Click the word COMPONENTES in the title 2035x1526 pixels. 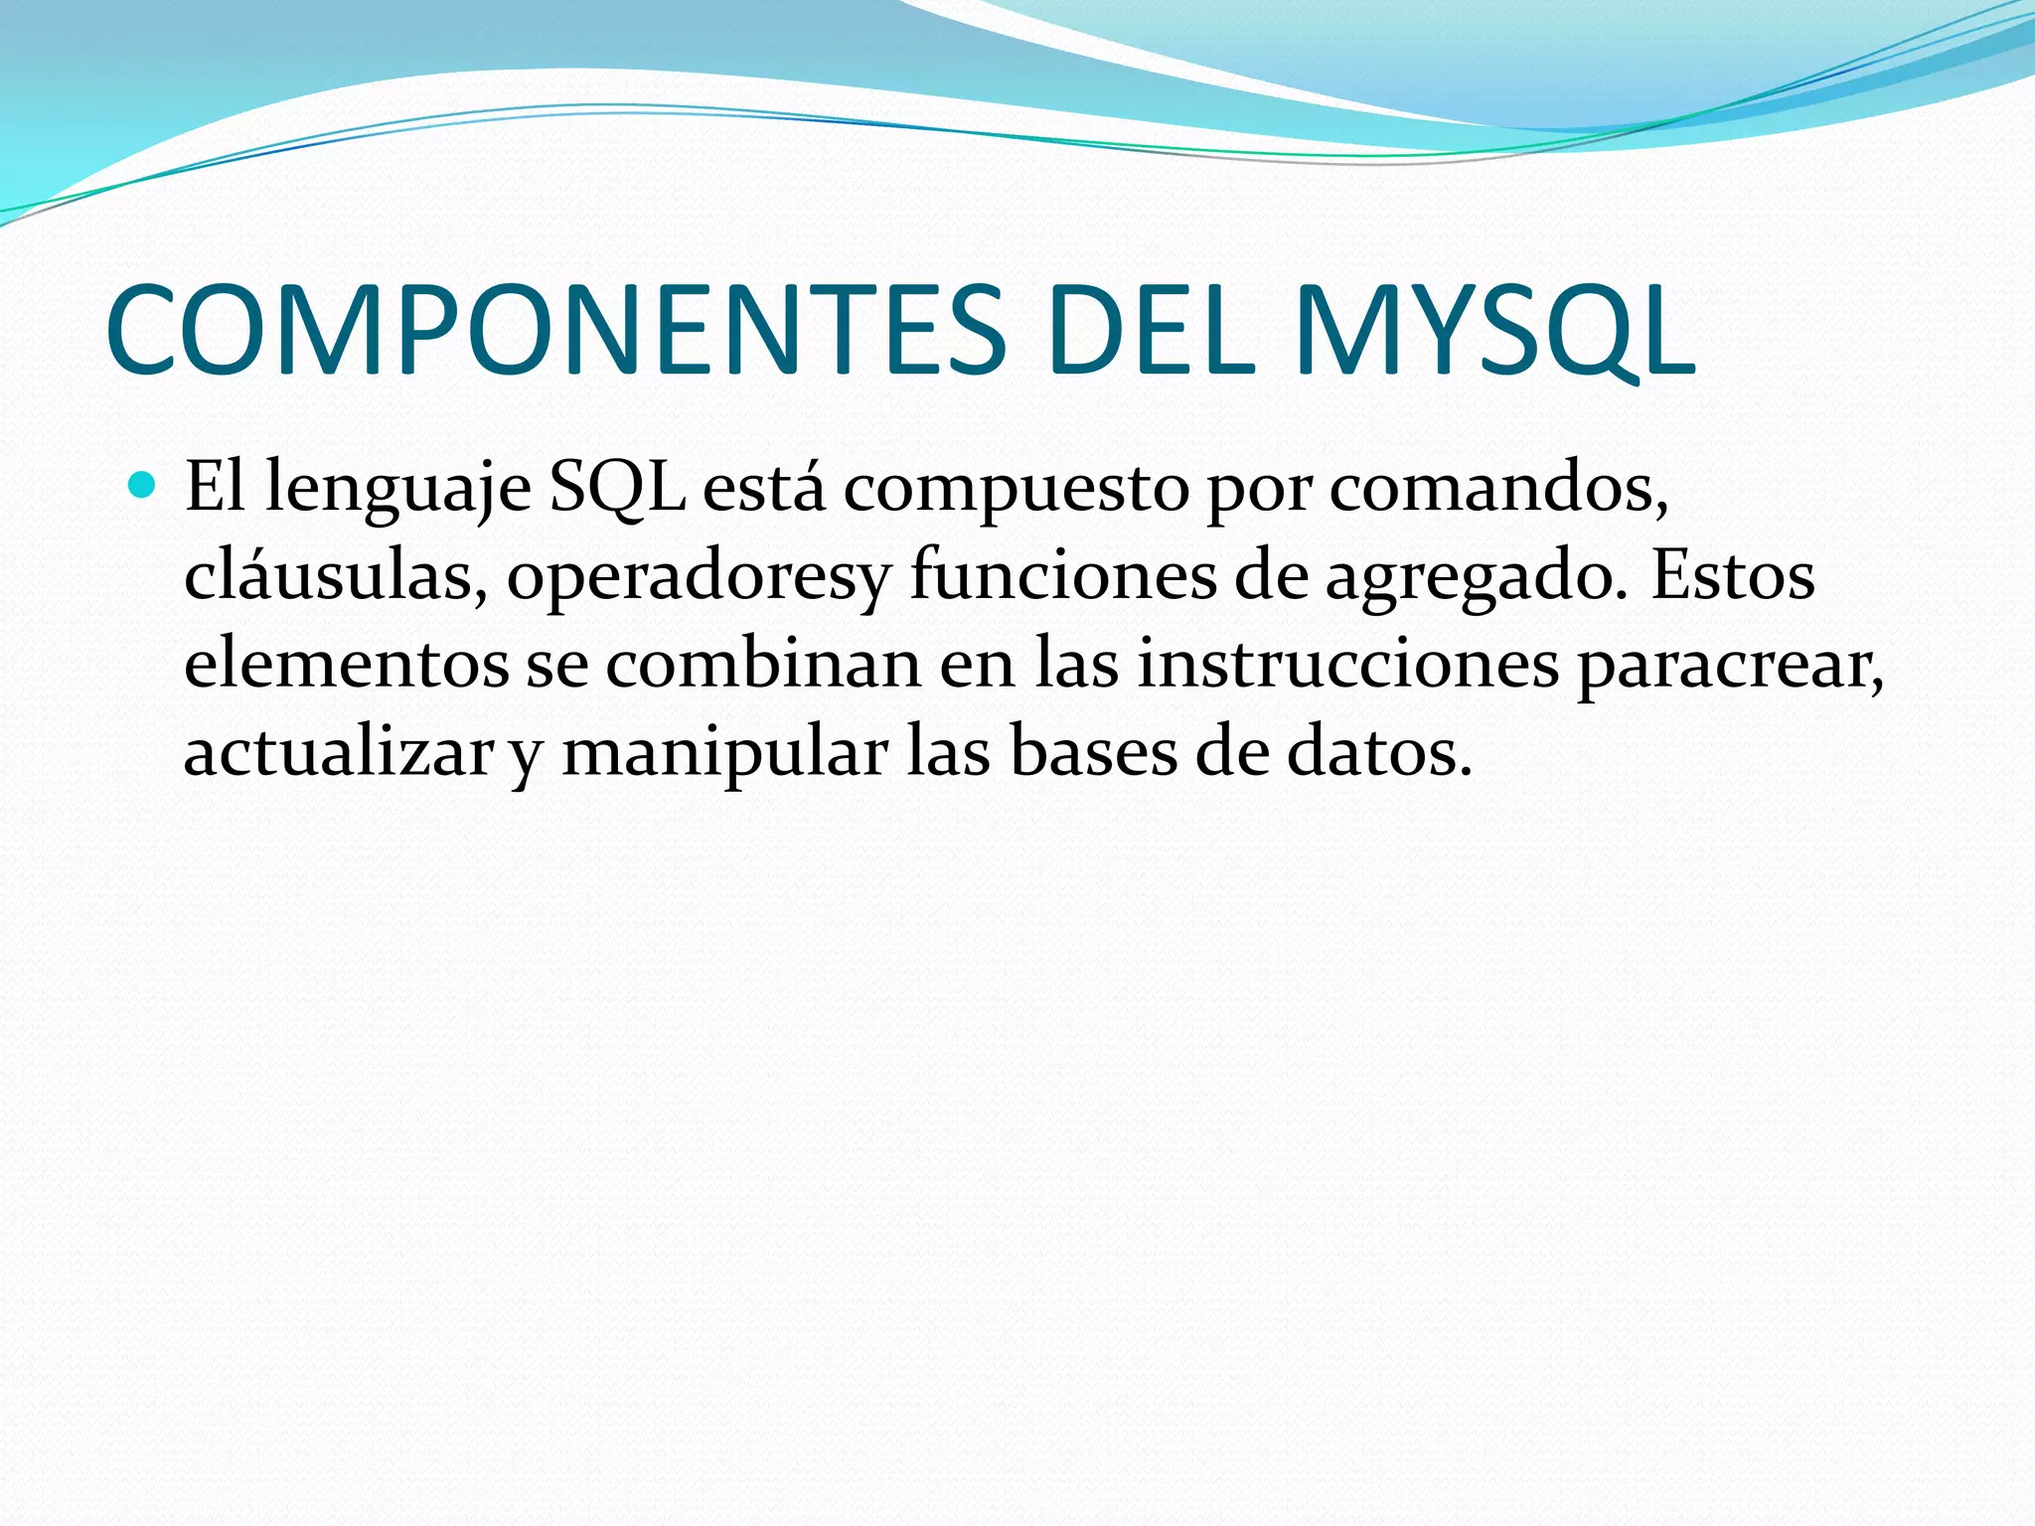[556, 330]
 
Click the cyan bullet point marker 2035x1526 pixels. [144, 486]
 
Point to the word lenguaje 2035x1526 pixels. [397, 489]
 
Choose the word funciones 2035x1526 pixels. [1062, 575]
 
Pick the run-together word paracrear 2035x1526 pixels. [1729, 666]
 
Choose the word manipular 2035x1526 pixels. [724, 753]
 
